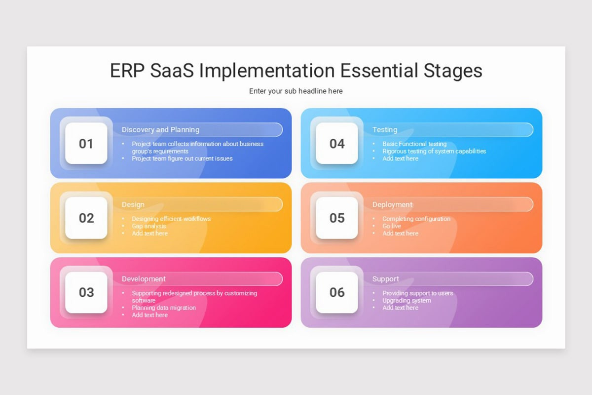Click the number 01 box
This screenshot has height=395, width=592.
(x=86, y=144)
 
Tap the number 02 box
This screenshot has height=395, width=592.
(x=86, y=218)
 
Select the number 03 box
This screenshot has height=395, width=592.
(x=86, y=292)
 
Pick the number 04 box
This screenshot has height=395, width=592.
(x=337, y=144)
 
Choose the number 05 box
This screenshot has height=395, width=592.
(x=337, y=218)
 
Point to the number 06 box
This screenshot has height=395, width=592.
(x=337, y=292)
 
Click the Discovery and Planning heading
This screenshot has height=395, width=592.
(x=160, y=130)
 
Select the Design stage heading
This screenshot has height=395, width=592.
(x=133, y=204)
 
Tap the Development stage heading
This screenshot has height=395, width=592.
(x=144, y=279)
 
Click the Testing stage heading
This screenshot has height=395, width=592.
(x=385, y=130)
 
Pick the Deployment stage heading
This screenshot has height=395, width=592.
(x=392, y=204)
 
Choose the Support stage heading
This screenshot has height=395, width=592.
(x=385, y=279)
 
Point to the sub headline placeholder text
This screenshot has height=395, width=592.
(x=296, y=91)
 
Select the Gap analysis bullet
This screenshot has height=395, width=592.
(x=148, y=226)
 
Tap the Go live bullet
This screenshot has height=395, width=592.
(x=392, y=226)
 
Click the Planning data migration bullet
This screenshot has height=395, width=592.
(x=163, y=308)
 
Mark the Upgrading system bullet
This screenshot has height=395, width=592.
(x=407, y=300)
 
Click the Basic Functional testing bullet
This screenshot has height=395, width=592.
(x=414, y=144)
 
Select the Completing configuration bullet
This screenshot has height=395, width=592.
(x=416, y=219)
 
